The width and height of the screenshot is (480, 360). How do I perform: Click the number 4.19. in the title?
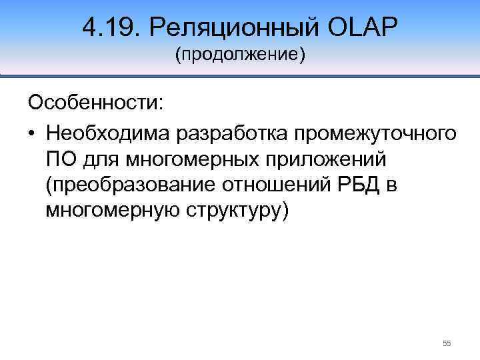[111, 27]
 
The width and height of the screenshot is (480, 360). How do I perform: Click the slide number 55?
[447, 343]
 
